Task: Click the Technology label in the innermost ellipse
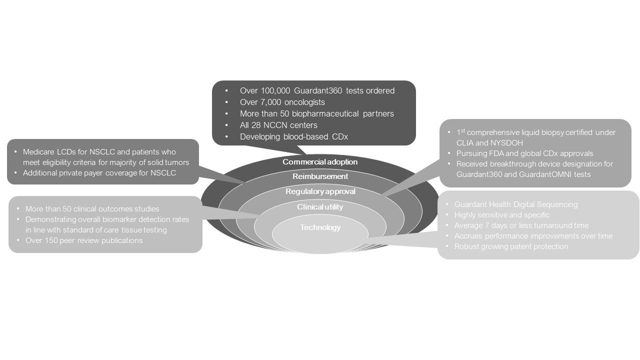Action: point(320,227)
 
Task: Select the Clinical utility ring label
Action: point(320,207)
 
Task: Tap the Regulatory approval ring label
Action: point(320,191)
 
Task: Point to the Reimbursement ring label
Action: point(320,176)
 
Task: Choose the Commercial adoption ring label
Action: point(320,162)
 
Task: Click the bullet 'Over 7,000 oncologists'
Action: point(282,102)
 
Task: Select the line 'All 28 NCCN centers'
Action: point(278,125)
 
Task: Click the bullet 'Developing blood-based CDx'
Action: point(293,136)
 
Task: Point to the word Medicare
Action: point(40,152)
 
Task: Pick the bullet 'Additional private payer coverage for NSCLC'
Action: point(99,173)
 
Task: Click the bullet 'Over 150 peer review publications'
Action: point(84,240)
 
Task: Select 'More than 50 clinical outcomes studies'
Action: point(92,209)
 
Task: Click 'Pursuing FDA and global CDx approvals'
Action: point(524,153)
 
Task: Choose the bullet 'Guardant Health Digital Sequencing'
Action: point(516,204)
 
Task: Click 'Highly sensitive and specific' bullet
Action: point(501,215)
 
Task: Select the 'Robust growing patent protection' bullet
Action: point(511,246)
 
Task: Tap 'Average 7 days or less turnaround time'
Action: point(521,225)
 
